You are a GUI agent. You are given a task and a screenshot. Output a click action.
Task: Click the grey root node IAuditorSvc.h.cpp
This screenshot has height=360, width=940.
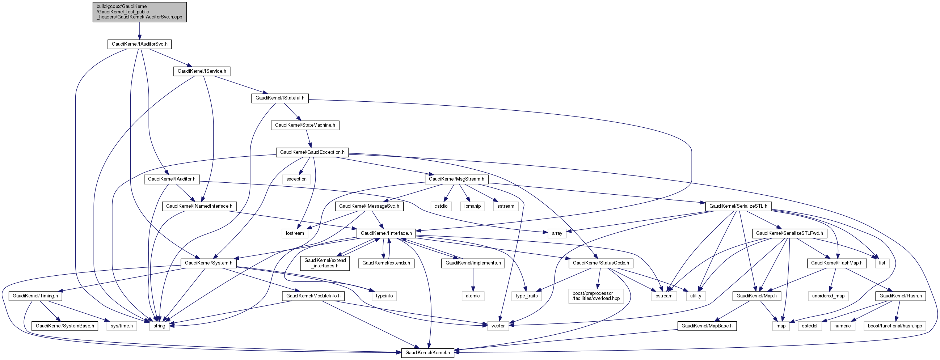(x=139, y=12)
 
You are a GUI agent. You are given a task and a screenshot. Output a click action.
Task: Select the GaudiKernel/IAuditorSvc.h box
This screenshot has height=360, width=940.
(x=139, y=44)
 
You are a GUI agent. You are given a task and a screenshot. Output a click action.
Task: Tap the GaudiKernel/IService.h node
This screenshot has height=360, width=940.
(x=202, y=71)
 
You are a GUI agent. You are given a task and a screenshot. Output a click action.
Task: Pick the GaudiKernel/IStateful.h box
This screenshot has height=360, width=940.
(x=280, y=98)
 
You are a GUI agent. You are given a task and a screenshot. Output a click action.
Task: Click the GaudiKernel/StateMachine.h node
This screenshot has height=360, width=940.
(x=305, y=125)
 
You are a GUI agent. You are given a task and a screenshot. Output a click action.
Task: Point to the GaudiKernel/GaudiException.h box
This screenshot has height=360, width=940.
(x=312, y=152)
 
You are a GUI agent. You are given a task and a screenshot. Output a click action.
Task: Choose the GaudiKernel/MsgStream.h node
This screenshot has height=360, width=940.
(x=456, y=179)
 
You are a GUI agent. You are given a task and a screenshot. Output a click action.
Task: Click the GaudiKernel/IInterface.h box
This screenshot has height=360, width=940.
(x=386, y=233)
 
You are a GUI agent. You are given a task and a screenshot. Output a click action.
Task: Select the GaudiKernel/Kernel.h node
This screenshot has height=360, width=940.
(x=428, y=353)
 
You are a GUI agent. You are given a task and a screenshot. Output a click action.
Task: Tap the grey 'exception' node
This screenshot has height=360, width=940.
(x=296, y=179)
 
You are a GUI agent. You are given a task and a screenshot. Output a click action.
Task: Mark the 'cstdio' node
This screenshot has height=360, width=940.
(x=441, y=206)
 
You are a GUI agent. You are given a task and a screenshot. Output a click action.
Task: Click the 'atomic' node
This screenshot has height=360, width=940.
(x=473, y=296)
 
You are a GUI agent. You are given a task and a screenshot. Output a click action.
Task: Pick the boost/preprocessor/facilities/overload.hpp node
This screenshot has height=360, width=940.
(x=596, y=296)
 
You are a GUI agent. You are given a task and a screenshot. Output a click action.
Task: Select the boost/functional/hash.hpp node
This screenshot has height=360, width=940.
(x=895, y=326)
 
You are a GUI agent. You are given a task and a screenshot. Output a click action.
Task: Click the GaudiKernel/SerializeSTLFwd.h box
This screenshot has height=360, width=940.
(x=789, y=233)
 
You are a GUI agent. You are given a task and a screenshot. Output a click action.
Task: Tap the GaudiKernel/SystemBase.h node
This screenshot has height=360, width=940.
(x=65, y=326)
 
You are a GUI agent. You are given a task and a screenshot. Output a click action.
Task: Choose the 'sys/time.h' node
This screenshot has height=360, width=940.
(x=122, y=326)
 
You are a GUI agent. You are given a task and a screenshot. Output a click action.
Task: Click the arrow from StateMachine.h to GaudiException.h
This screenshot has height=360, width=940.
(x=309, y=139)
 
